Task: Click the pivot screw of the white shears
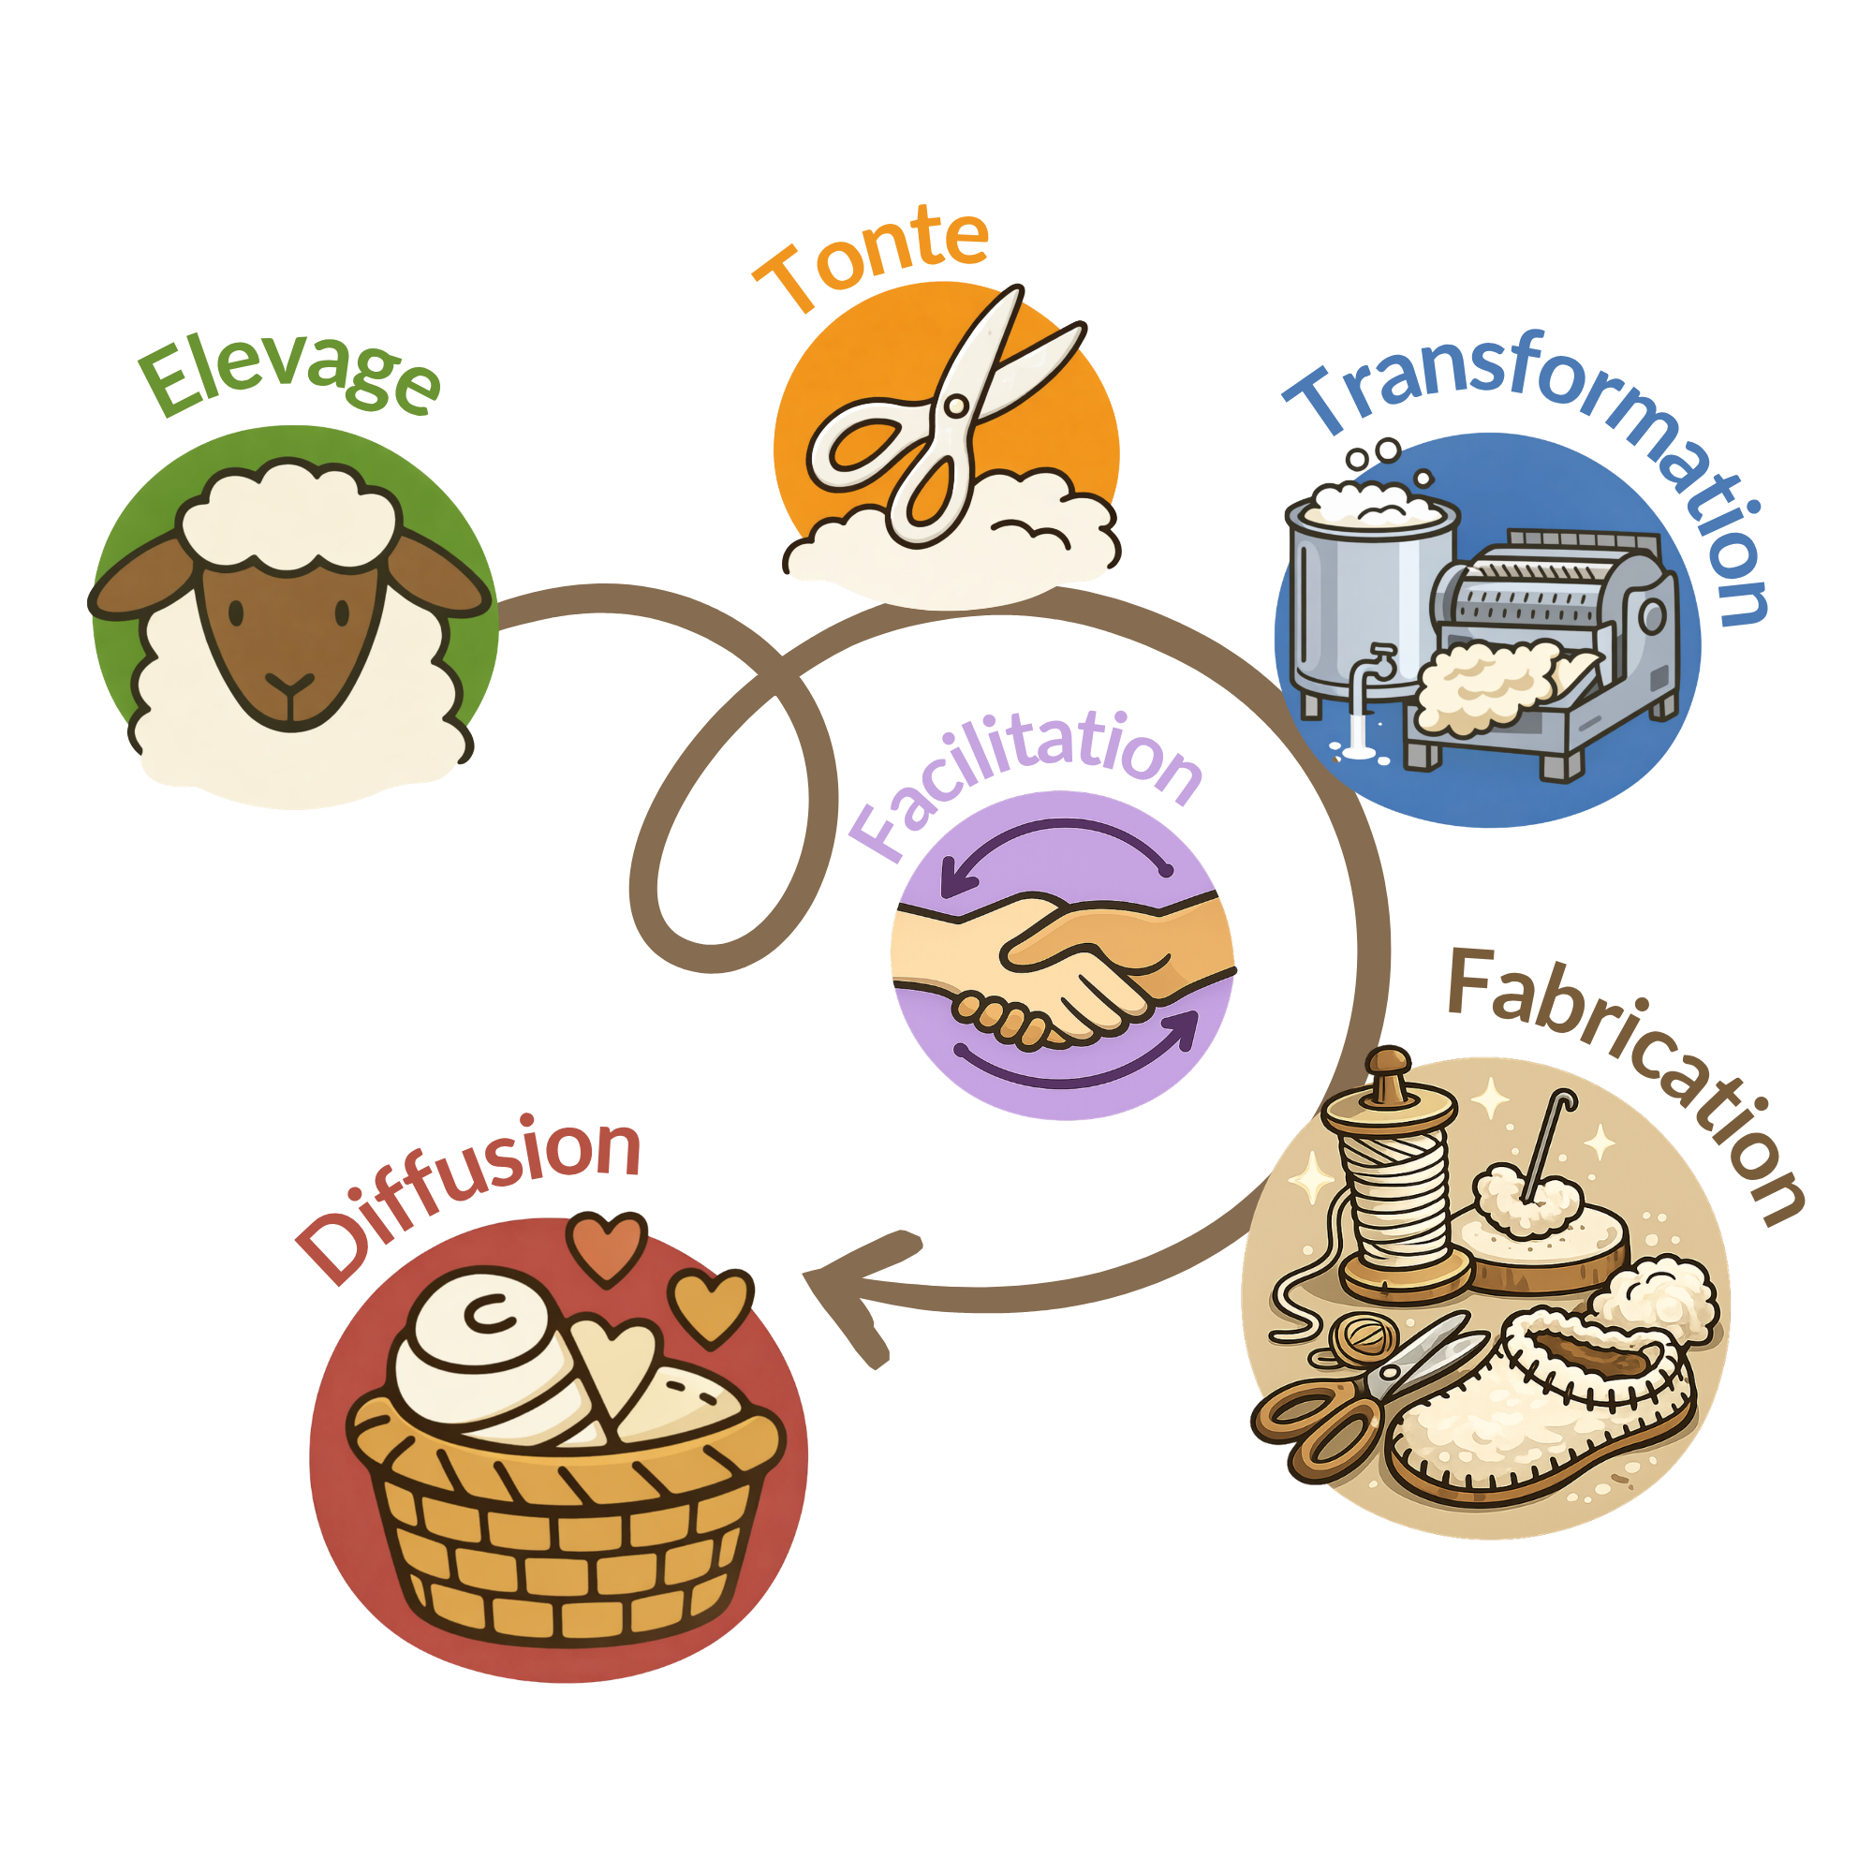pos(955,406)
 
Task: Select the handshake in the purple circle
pos(1062,969)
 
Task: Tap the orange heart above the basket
pos(606,1246)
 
